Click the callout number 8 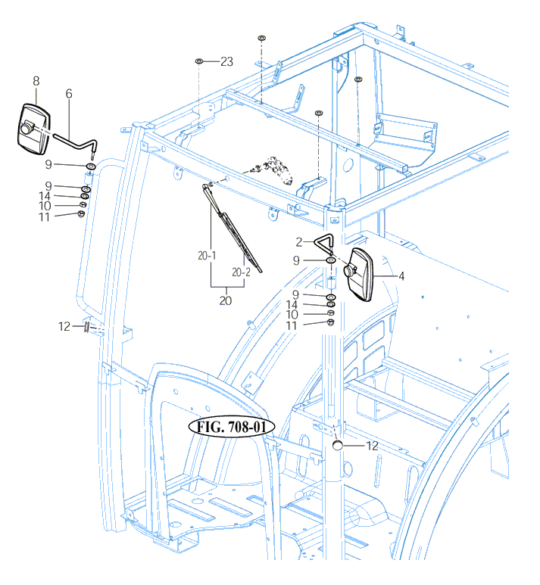36,79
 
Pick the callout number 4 401,277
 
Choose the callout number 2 300,242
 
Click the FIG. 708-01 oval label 230,427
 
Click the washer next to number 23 198,61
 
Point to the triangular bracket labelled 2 323,244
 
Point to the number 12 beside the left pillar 64,326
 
